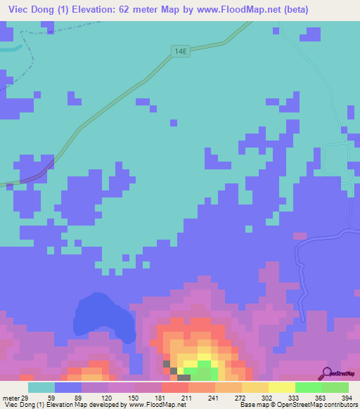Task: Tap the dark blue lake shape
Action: click(104, 318)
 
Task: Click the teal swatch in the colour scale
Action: click(41, 387)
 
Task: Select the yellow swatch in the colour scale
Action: click(281, 387)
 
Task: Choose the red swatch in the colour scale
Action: click(174, 387)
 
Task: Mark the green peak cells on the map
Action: click(203, 365)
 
